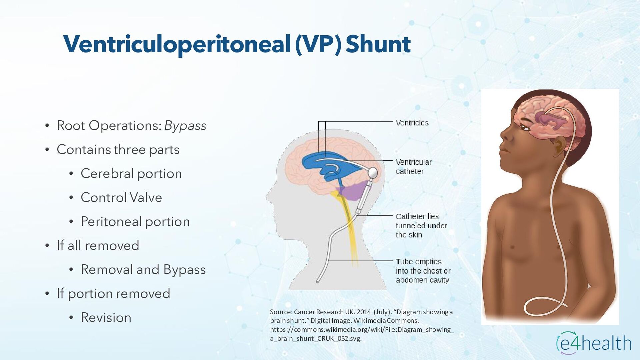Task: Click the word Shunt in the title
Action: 378,44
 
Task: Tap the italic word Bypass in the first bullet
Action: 185,126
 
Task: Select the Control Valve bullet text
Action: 121,198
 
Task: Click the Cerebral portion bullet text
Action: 131,174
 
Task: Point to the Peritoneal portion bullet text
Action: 135,222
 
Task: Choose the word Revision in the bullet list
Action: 106,318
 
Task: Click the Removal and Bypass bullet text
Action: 143,270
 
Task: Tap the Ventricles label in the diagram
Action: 412,123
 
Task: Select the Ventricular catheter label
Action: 413,167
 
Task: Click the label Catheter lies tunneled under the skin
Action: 421,226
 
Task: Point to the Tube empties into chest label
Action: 423,271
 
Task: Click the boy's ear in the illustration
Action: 560,147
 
